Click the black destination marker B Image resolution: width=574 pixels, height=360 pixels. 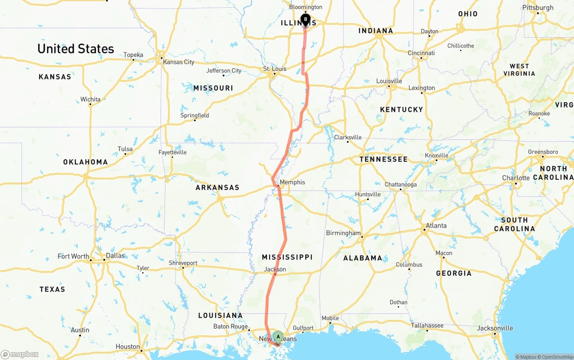coord(305,20)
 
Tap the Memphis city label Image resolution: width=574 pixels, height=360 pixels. coord(292,182)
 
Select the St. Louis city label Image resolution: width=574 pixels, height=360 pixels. coord(274,69)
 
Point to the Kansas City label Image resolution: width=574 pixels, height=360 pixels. coord(178,62)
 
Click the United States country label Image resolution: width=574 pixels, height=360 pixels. coord(76,48)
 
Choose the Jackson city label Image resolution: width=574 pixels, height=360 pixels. coord(275,269)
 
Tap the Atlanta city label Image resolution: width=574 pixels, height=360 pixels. coord(436,226)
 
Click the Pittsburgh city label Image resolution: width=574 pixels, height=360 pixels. coord(538,8)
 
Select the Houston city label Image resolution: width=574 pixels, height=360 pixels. coord(127,346)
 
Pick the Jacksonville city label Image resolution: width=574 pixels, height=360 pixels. coord(495,328)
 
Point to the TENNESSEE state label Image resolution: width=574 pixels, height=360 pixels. coord(383,159)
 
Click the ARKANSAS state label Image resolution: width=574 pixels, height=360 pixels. coord(217,187)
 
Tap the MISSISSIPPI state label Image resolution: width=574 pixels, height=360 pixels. coord(287,257)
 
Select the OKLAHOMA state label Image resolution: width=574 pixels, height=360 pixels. coord(85,162)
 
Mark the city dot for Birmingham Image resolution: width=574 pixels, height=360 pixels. coord(362,236)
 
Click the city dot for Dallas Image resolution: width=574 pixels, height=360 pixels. coord(104,260)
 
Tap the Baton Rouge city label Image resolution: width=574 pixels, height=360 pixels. coord(230,326)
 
